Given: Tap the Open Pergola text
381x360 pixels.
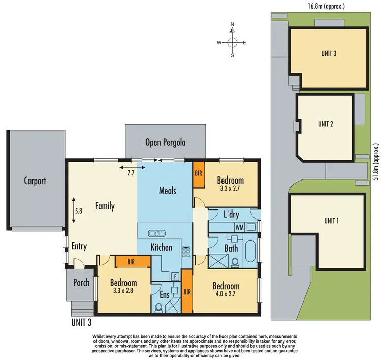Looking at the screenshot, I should pos(165,143).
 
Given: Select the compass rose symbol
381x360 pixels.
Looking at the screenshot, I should pos(232,43).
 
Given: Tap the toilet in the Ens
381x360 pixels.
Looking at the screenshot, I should pos(158,307).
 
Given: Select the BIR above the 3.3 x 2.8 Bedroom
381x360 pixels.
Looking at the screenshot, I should pos(132,261).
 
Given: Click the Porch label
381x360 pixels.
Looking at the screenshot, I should pos(81,283).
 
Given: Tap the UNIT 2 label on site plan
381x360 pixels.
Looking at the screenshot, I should pos(325,124).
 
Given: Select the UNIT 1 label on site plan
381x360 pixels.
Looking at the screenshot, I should pos(331,220).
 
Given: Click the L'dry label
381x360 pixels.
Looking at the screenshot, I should pos(231,214).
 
